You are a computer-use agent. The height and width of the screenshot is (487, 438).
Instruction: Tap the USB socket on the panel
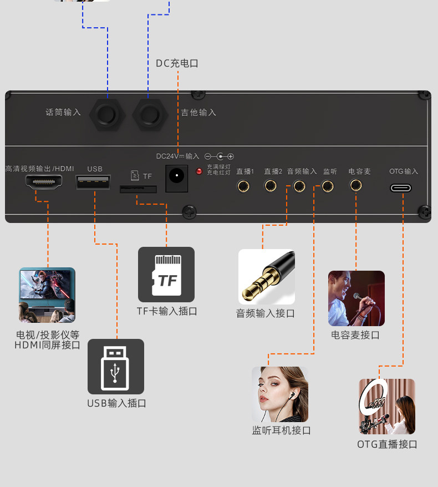[x=93, y=182]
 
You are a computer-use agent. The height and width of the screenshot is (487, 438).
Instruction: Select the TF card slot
[x=138, y=189]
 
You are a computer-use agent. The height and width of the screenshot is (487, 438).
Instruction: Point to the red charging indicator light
[x=199, y=171]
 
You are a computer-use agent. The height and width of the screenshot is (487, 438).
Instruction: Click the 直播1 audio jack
[x=243, y=186]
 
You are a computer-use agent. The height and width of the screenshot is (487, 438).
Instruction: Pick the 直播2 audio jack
[x=271, y=186]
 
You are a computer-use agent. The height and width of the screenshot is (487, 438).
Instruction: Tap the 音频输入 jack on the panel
[x=299, y=186]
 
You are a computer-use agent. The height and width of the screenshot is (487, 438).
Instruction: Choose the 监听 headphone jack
[x=328, y=186]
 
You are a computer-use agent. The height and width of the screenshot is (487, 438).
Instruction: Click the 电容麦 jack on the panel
[x=356, y=185]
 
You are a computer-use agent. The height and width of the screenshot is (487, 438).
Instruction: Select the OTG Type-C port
[x=401, y=188]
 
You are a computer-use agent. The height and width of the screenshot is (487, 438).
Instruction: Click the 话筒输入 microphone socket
[x=106, y=115]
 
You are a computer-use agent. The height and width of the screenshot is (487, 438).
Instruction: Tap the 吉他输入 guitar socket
[x=150, y=115]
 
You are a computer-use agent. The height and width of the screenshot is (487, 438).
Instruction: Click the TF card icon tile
[x=166, y=275]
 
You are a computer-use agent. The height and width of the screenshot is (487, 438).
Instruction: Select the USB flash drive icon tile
[x=115, y=367]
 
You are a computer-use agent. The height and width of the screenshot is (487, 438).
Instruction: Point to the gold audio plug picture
[x=267, y=277]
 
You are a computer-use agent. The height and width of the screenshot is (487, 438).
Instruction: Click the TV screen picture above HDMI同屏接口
[x=47, y=295]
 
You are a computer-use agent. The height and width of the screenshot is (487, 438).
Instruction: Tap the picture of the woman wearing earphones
[x=280, y=394]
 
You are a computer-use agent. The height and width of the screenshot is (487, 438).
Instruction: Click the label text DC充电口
[x=177, y=63]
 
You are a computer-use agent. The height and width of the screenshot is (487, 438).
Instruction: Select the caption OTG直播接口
[x=387, y=444]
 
